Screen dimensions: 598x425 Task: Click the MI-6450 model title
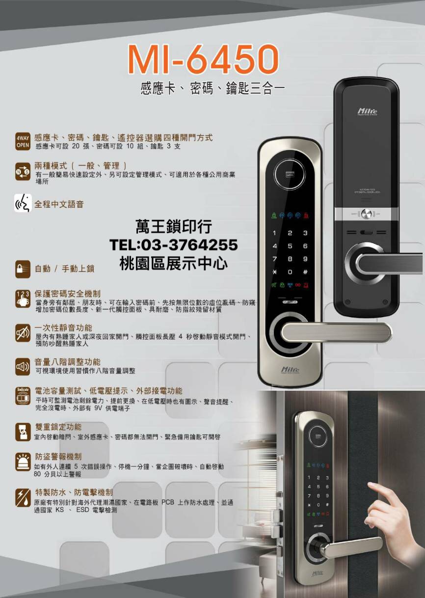click(203, 60)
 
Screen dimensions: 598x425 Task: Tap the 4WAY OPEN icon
click(23, 140)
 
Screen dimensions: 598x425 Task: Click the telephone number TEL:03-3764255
click(174, 245)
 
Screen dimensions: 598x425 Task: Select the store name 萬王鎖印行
click(174, 227)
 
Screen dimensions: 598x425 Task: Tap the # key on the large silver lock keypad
click(305, 272)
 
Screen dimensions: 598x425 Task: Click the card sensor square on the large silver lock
click(290, 174)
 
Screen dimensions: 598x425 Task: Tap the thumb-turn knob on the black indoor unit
click(366, 214)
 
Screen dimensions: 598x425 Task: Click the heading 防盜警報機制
click(58, 457)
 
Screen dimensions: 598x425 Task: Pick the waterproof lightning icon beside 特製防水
click(23, 497)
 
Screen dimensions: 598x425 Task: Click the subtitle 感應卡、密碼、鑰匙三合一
click(212, 89)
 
